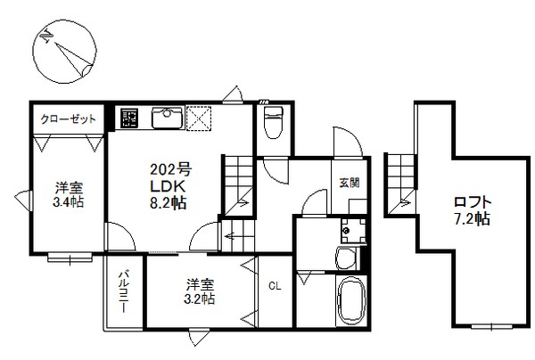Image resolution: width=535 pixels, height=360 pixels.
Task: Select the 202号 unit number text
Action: click(170, 168)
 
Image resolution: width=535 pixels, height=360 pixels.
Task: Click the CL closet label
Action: click(275, 287)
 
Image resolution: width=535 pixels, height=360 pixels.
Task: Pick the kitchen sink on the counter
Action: click(167, 117)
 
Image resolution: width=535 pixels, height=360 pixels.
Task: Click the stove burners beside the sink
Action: click(128, 117)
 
